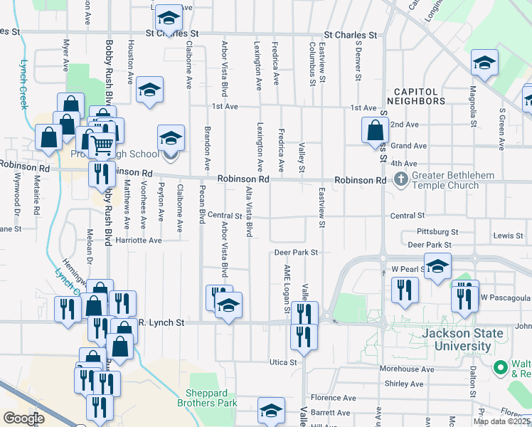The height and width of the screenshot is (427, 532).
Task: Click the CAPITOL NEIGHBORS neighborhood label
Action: tap(420, 96)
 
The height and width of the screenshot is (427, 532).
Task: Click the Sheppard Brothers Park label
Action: tap(211, 398)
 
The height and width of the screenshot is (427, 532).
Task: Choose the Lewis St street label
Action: tap(508, 235)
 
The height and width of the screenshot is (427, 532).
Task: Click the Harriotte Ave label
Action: tap(139, 241)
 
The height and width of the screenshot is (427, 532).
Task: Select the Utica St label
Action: tap(282, 362)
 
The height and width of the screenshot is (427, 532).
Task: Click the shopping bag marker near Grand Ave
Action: tap(375, 131)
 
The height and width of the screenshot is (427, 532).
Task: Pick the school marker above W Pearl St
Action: tap(437, 266)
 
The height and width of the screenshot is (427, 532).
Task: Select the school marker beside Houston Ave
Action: tap(150, 90)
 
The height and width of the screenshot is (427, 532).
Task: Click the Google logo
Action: tap(24, 418)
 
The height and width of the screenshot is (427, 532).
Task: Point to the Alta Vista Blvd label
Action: tap(249, 211)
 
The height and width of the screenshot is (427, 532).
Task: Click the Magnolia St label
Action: tap(472, 105)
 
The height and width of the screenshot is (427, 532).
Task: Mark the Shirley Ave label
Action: tap(403, 384)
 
